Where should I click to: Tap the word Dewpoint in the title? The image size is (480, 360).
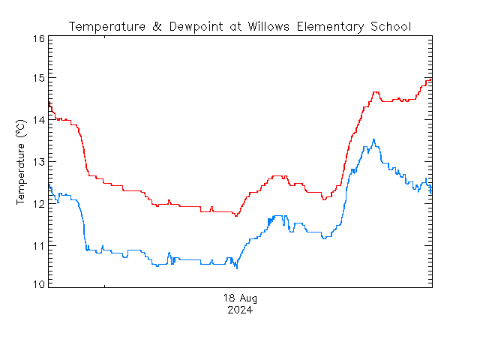(187, 27)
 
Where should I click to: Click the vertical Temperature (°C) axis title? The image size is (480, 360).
(21, 161)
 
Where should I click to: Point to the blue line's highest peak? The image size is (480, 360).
(373, 139)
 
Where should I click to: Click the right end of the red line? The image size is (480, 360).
(431, 79)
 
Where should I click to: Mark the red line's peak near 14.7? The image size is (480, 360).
(375, 92)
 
